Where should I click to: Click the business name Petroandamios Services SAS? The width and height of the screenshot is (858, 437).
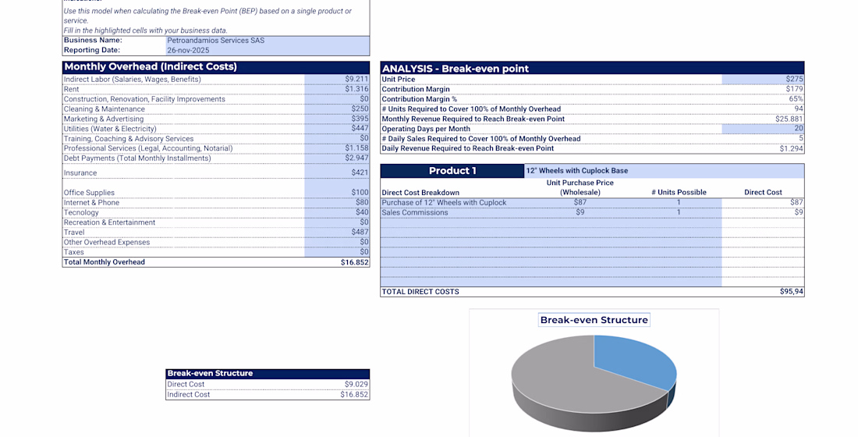[x=215, y=41]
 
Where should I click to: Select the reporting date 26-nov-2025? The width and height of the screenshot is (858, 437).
[x=188, y=50]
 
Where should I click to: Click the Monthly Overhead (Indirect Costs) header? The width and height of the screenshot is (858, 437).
[x=151, y=67]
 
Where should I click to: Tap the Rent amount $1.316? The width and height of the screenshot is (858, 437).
[x=356, y=89]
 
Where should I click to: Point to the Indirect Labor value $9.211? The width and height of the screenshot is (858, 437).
[x=356, y=79]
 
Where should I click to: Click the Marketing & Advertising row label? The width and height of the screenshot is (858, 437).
[x=104, y=119]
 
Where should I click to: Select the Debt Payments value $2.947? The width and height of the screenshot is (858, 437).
[x=356, y=158]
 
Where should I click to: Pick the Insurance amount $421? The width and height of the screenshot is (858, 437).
[x=359, y=173]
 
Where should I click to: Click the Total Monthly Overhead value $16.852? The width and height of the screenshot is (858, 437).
[x=354, y=262]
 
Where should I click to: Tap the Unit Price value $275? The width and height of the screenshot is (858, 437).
[x=794, y=80]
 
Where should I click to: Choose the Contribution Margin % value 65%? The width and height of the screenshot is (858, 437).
[x=796, y=99]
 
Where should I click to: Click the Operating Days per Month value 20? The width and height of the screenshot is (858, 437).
[x=798, y=129]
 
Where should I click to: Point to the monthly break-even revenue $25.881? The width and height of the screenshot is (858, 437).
[x=789, y=119]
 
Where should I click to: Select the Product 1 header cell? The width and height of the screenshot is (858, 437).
[x=452, y=171]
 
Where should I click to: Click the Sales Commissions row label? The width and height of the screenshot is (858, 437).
[x=415, y=212]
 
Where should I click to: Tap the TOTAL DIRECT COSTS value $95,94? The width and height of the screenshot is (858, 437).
[x=791, y=292]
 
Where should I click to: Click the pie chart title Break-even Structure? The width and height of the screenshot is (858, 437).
[x=594, y=320]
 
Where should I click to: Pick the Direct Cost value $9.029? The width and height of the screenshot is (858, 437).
[x=356, y=384]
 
